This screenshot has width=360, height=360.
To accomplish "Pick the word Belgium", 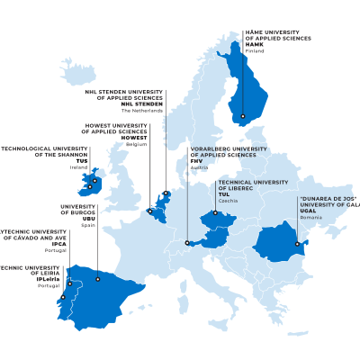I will (x=136, y=144).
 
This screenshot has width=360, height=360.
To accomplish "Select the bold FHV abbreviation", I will (x=196, y=161).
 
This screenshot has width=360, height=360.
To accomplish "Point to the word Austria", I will (x=199, y=168).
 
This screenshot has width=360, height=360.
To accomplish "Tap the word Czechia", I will (x=227, y=200).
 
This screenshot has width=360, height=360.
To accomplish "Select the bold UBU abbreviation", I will (x=88, y=219).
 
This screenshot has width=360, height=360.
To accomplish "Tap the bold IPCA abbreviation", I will (x=58, y=243).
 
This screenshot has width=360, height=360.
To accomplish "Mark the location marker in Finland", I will (x=242, y=116).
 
